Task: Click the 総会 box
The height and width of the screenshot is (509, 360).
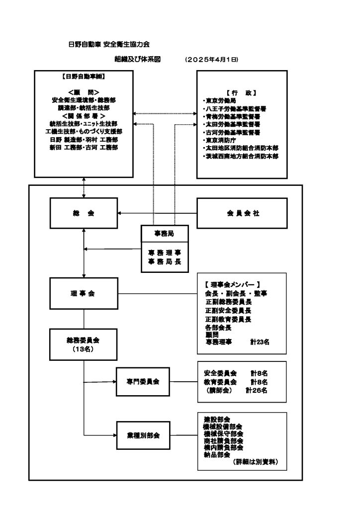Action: click(84, 213)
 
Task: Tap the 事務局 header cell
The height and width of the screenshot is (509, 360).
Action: click(164, 233)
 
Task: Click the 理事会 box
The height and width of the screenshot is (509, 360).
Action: click(84, 293)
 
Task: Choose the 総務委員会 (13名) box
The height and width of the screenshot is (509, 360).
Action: click(84, 344)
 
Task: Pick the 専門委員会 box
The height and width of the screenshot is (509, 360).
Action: click(143, 382)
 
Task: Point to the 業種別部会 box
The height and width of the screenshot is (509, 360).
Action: click(143, 435)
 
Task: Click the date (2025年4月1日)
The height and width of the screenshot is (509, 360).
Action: click(212, 60)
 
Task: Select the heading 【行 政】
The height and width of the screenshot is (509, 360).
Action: click(241, 92)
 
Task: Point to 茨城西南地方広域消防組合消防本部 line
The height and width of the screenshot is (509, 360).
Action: click(242, 156)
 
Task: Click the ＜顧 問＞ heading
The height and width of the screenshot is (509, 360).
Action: click(84, 92)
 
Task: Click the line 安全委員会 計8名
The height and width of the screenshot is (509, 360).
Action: click(236, 372)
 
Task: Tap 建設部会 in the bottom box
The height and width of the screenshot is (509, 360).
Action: click(217, 419)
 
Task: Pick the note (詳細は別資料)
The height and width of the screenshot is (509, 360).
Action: click(256, 462)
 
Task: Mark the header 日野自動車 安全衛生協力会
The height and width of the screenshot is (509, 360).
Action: click(109, 44)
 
